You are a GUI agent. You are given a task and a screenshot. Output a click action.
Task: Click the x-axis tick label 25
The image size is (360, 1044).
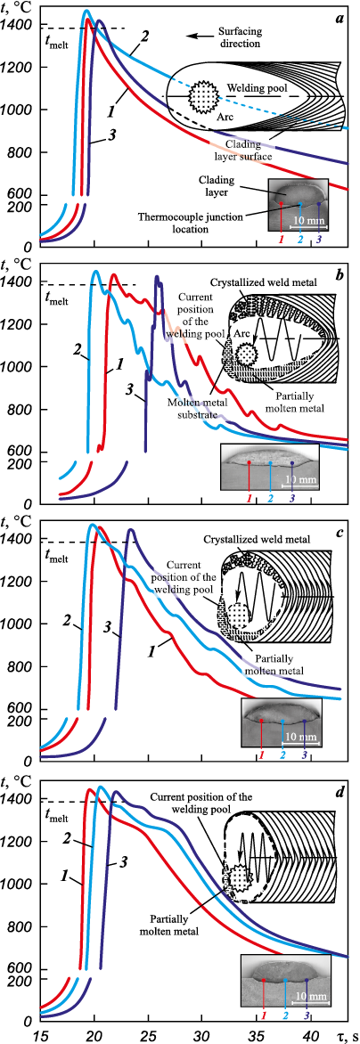tap(148, 1032)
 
